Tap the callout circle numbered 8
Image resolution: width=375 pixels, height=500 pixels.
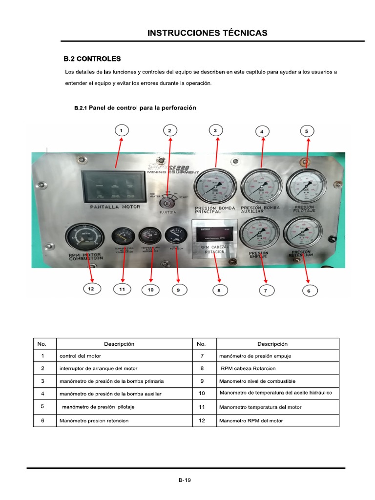[x=219, y=290]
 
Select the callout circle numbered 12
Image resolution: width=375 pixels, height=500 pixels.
[x=91, y=289]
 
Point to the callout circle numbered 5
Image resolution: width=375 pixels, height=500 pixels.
[x=306, y=131]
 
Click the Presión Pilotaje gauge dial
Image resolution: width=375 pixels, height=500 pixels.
[x=306, y=185]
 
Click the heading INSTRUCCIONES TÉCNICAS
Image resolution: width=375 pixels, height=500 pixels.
[x=208, y=33]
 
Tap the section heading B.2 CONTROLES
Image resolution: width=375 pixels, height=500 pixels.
[x=92, y=59]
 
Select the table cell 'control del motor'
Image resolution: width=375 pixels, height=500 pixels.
[x=80, y=356]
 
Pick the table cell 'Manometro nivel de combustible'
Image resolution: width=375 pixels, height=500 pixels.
[x=257, y=381]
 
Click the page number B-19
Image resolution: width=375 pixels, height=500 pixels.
[x=185, y=480]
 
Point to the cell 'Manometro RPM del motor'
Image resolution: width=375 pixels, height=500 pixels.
[x=251, y=420]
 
